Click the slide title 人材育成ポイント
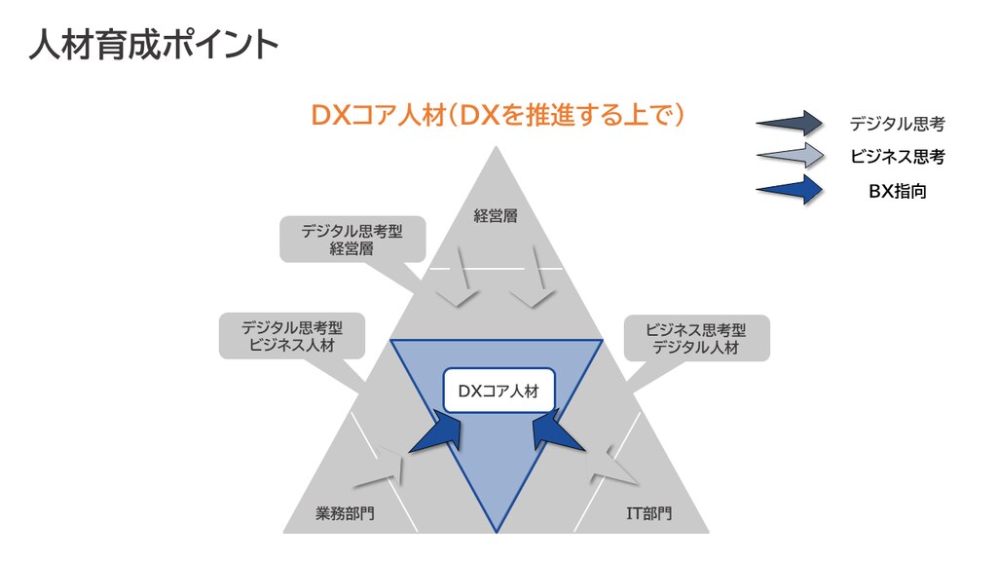(x=154, y=45)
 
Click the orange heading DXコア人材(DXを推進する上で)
(x=498, y=115)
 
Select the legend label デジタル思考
(x=897, y=124)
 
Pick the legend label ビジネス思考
(x=897, y=157)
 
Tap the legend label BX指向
(x=897, y=191)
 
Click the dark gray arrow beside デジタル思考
(x=790, y=124)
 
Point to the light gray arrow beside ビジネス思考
(x=790, y=156)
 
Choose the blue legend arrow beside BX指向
(x=790, y=190)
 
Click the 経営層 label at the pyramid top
(x=496, y=215)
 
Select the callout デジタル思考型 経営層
(x=352, y=240)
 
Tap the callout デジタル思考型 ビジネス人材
(x=292, y=336)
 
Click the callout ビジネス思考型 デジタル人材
(x=696, y=338)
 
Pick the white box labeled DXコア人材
(x=499, y=391)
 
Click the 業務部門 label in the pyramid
(x=345, y=512)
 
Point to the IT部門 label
(x=648, y=512)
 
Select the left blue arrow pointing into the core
(x=437, y=431)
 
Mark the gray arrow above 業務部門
(x=382, y=468)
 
